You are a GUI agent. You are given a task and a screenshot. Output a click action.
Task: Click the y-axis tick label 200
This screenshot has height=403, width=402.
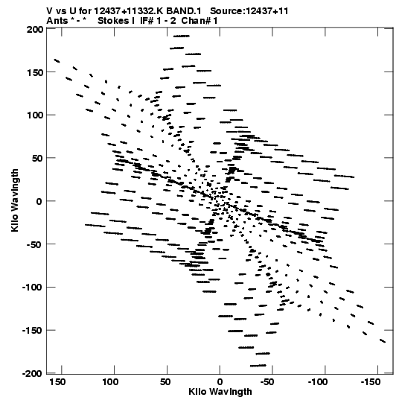pyautogui.click(x=35, y=30)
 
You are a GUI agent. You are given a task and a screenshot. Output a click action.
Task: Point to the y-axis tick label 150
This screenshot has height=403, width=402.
pyautogui.click(x=35, y=72)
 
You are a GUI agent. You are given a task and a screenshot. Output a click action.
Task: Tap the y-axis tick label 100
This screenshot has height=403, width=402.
pyautogui.click(x=35, y=115)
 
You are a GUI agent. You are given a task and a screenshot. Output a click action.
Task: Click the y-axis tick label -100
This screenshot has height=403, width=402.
pyautogui.click(x=32, y=288)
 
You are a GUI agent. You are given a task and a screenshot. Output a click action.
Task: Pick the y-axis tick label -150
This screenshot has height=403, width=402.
pyautogui.click(x=32, y=331)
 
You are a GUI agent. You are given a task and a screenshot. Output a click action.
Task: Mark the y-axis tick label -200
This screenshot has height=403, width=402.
pyautogui.click(x=32, y=373)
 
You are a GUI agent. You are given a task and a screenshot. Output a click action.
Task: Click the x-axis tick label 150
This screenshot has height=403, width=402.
pyautogui.click(x=57, y=382)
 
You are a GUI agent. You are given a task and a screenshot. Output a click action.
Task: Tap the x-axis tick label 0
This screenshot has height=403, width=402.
pyautogui.click(x=220, y=382)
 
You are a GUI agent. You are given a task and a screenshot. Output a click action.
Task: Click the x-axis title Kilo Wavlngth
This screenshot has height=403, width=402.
pyautogui.click(x=220, y=392)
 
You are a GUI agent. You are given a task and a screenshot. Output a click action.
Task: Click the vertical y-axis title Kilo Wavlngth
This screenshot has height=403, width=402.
pyautogui.click(x=15, y=200)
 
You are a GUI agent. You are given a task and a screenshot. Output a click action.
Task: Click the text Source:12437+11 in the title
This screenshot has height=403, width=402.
pyautogui.click(x=249, y=11)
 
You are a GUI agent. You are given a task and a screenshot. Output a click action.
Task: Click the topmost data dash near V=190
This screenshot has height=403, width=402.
pyautogui.click(x=182, y=37)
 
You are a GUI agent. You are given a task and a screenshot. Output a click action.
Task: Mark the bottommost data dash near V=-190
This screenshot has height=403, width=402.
pyautogui.click(x=258, y=366)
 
